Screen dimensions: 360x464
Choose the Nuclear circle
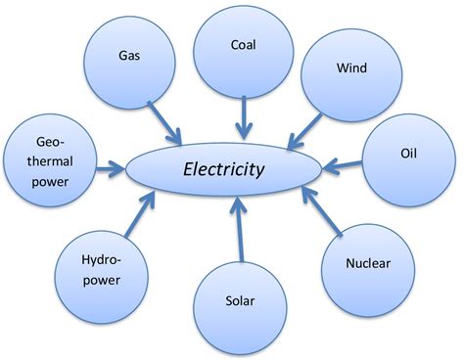(368, 264)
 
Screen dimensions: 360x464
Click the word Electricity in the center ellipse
(225, 168)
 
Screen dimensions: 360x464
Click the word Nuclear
(368, 264)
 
